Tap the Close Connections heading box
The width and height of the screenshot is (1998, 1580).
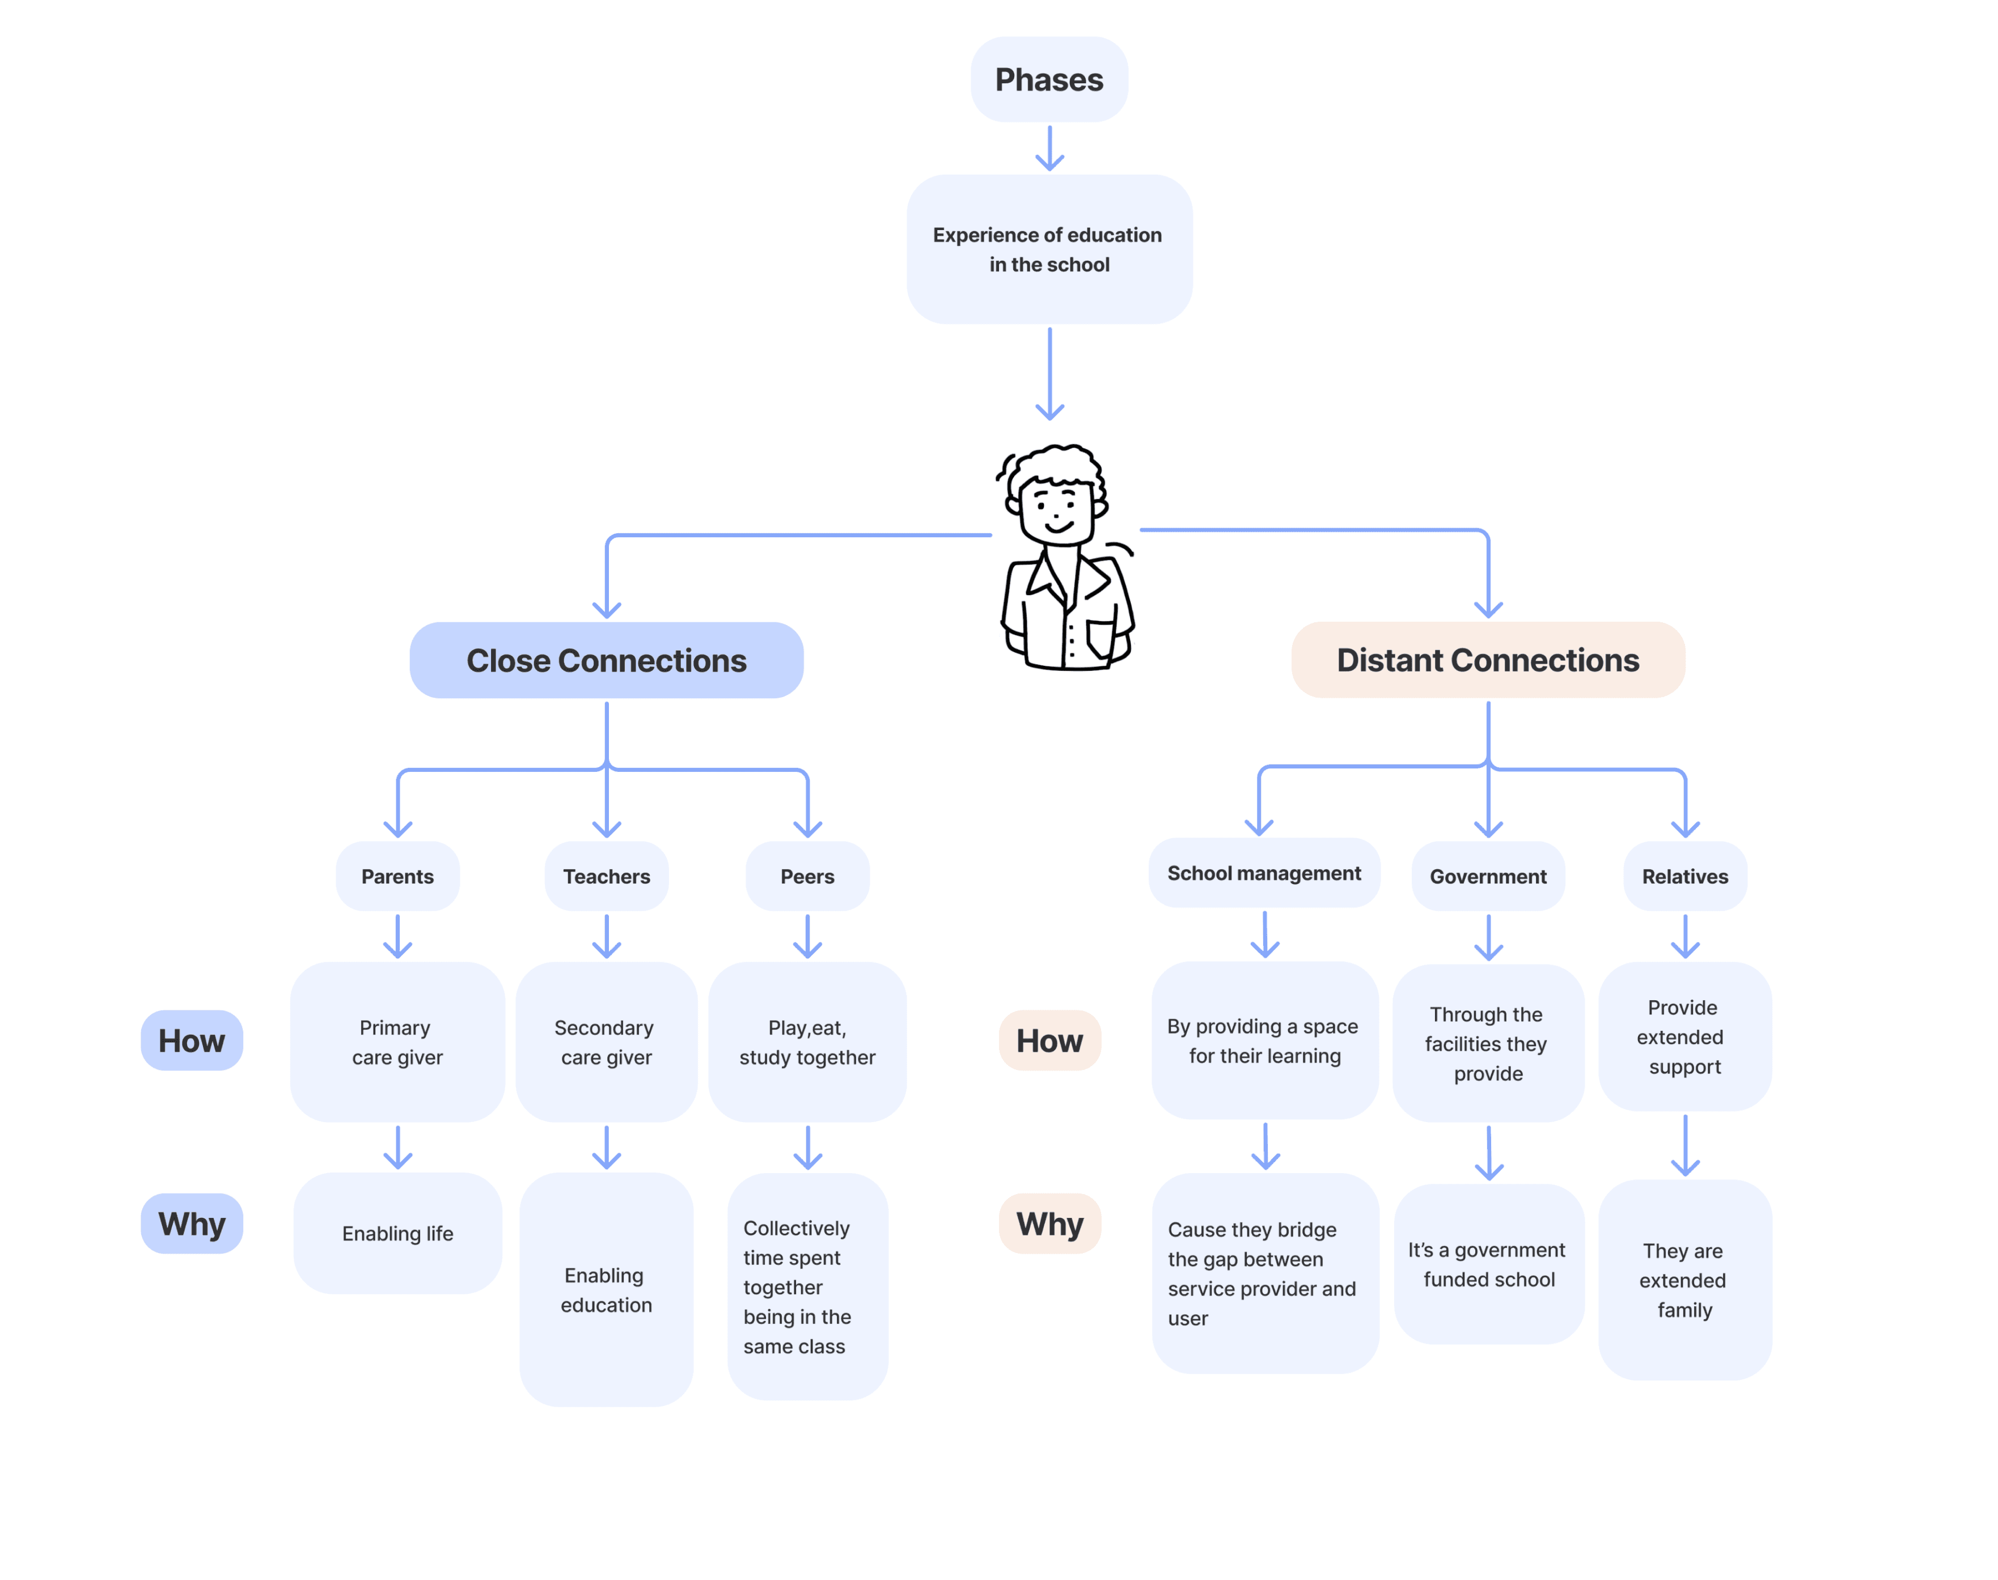pos(606,660)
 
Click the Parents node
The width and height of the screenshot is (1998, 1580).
pos(397,876)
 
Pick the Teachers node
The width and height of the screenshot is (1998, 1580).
pos(606,876)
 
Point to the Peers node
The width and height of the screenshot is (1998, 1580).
pos(807,876)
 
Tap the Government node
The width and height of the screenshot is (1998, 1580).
pos(1488,876)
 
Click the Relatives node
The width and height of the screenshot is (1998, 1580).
pos(1685,876)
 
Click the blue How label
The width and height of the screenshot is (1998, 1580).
pos(192,1040)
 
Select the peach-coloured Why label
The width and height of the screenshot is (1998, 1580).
pos(1049,1224)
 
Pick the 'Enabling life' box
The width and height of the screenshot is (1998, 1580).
pos(397,1233)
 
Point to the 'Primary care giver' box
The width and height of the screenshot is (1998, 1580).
pos(397,1043)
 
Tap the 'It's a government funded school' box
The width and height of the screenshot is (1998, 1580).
pos(1488,1264)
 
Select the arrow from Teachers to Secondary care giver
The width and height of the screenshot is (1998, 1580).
pos(606,936)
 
